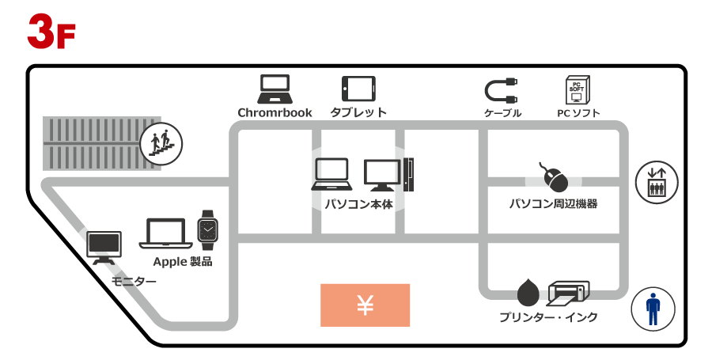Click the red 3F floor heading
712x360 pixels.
(x=51, y=32)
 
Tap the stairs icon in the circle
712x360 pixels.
(x=161, y=143)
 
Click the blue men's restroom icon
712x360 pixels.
(x=652, y=309)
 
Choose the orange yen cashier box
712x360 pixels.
(x=365, y=305)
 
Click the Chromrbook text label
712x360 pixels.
(x=275, y=113)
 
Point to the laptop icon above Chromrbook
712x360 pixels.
(x=275, y=89)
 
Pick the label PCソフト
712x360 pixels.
(x=578, y=113)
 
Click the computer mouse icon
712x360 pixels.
(x=554, y=177)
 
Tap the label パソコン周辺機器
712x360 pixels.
(x=553, y=204)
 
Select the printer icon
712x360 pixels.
(x=568, y=294)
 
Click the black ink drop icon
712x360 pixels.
(x=528, y=294)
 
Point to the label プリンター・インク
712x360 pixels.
(x=548, y=318)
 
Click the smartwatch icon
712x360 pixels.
(x=207, y=230)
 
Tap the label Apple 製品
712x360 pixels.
(x=183, y=261)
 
